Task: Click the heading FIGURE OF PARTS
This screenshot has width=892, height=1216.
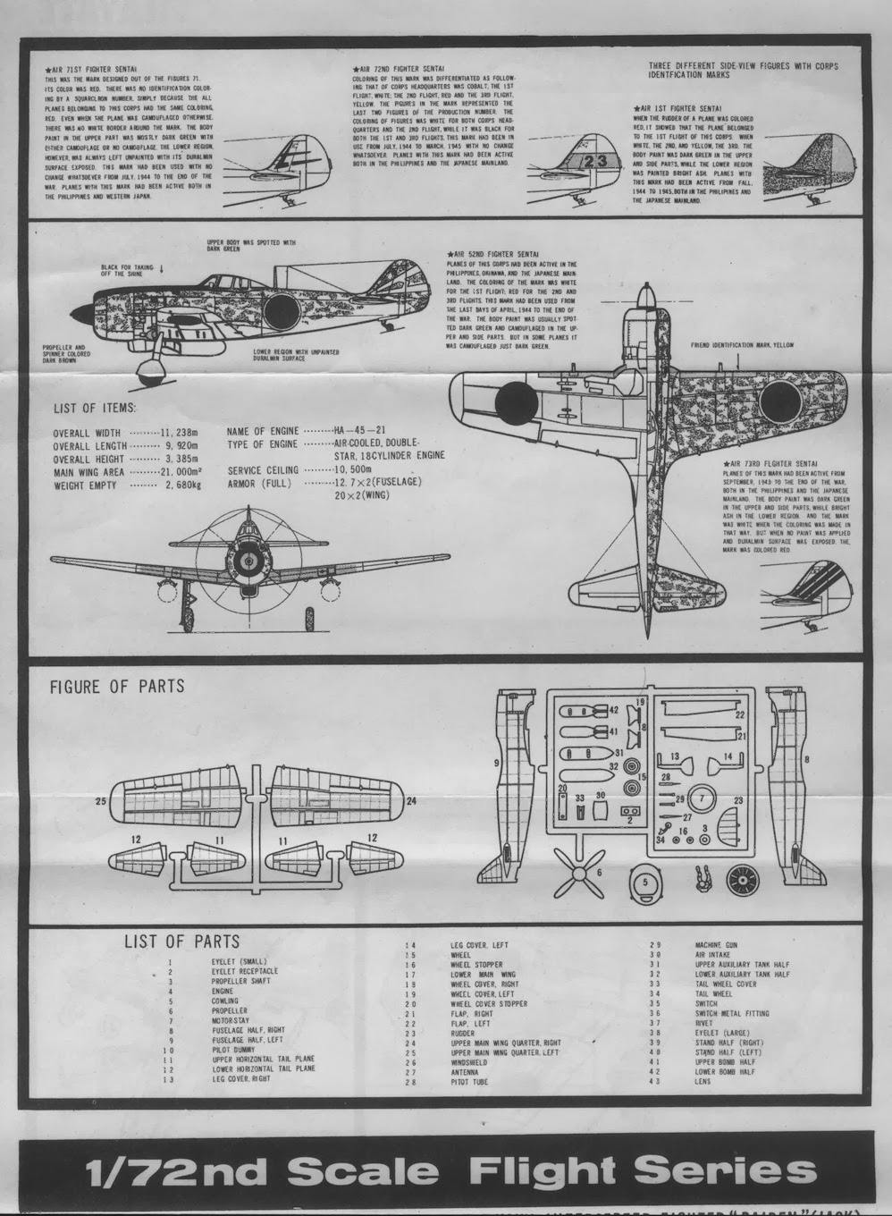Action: pyautogui.click(x=116, y=687)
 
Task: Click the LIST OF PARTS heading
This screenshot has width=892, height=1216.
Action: pyautogui.click(x=181, y=941)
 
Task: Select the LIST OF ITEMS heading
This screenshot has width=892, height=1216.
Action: pyautogui.click(x=95, y=409)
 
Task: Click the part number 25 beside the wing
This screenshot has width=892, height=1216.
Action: pyautogui.click(x=101, y=800)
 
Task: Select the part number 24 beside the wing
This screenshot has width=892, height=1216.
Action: pyautogui.click(x=411, y=801)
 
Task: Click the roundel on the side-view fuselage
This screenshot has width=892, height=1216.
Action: pyautogui.click(x=282, y=309)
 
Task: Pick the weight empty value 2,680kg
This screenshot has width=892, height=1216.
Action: pyautogui.click(x=182, y=486)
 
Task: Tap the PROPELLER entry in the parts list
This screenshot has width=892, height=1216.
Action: pyautogui.click(x=227, y=1010)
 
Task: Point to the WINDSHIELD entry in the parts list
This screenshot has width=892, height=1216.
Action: pyautogui.click(x=469, y=1062)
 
